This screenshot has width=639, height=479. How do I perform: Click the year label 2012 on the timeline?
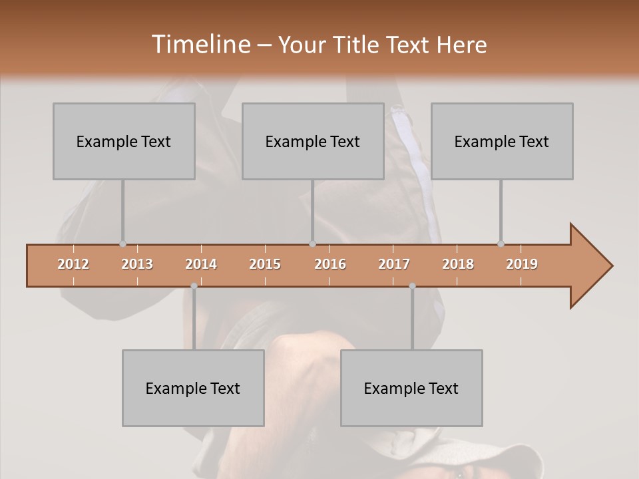click(x=73, y=264)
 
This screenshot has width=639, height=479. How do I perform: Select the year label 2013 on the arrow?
click(x=137, y=264)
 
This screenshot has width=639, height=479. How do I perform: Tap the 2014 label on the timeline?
click(x=201, y=264)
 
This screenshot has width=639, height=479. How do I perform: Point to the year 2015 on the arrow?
click(x=265, y=264)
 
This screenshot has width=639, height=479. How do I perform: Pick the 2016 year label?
click(x=330, y=264)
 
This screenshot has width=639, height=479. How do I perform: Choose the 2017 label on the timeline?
click(x=394, y=264)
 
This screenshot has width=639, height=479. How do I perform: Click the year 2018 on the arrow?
click(x=458, y=264)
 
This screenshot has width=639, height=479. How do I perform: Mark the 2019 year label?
click(x=522, y=264)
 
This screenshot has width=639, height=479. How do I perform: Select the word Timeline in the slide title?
click(x=200, y=45)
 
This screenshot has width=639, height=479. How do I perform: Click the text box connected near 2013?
click(x=124, y=141)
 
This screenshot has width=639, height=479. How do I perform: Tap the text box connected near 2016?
click(x=313, y=141)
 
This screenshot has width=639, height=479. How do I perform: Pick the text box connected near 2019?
click(x=502, y=141)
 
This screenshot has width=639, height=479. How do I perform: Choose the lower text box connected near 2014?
click(x=193, y=388)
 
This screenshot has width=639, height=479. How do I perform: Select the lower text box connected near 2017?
click(x=411, y=388)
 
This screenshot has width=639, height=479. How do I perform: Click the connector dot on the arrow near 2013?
click(x=122, y=244)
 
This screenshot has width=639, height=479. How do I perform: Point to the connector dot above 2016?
click(x=313, y=244)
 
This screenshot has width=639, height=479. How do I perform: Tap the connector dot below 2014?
click(x=194, y=286)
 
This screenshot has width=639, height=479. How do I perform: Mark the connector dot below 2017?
click(x=412, y=286)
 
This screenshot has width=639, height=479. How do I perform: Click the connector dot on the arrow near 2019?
click(x=501, y=244)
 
